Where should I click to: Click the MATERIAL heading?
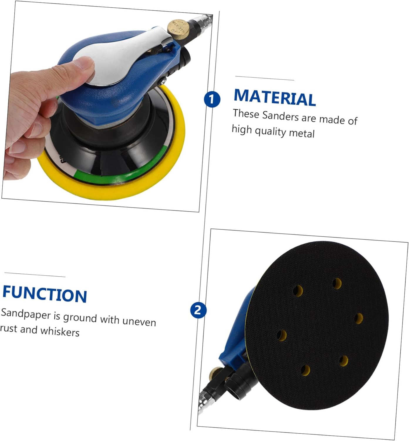coord(275,98)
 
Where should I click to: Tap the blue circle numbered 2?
coord(198,310)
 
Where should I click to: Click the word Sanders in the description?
coord(280,116)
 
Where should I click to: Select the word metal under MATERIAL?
coord(302,133)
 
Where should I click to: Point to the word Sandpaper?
coord(26,313)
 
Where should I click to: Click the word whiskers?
coord(60,331)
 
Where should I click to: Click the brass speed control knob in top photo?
coord(178,29)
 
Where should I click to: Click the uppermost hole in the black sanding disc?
coord(337,283)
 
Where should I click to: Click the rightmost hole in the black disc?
coord(358,318)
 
